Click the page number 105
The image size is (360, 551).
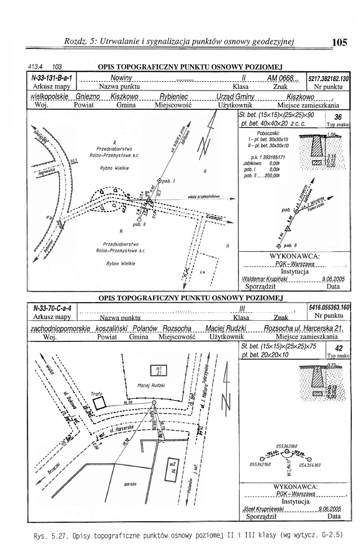[338, 41]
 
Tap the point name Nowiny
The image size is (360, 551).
[123, 78]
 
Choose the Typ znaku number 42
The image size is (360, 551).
[338, 346]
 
